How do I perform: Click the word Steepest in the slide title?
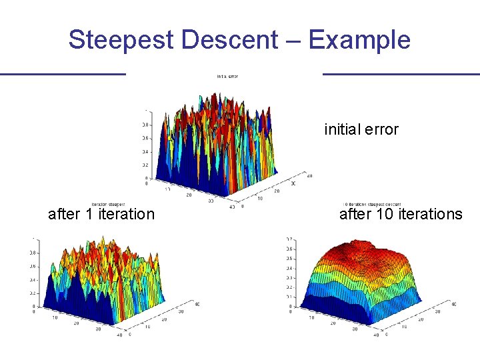(121, 40)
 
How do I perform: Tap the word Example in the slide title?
(359, 40)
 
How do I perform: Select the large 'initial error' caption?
(361, 129)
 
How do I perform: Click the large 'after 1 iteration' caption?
(101, 214)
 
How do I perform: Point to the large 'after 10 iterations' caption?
(401, 214)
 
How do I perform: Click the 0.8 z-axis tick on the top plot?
(145, 125)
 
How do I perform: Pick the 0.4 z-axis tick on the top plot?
(145, 151)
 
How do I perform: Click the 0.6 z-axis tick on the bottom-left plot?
(32, 266)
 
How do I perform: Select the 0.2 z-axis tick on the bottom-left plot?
(32, 293)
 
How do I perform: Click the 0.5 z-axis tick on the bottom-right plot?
(288, 258)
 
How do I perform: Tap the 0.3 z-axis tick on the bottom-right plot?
(288, 277)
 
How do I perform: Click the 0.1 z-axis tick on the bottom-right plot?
(288, 297)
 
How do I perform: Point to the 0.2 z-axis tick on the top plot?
(145, 165)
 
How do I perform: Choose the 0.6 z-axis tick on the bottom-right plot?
(288, 249)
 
